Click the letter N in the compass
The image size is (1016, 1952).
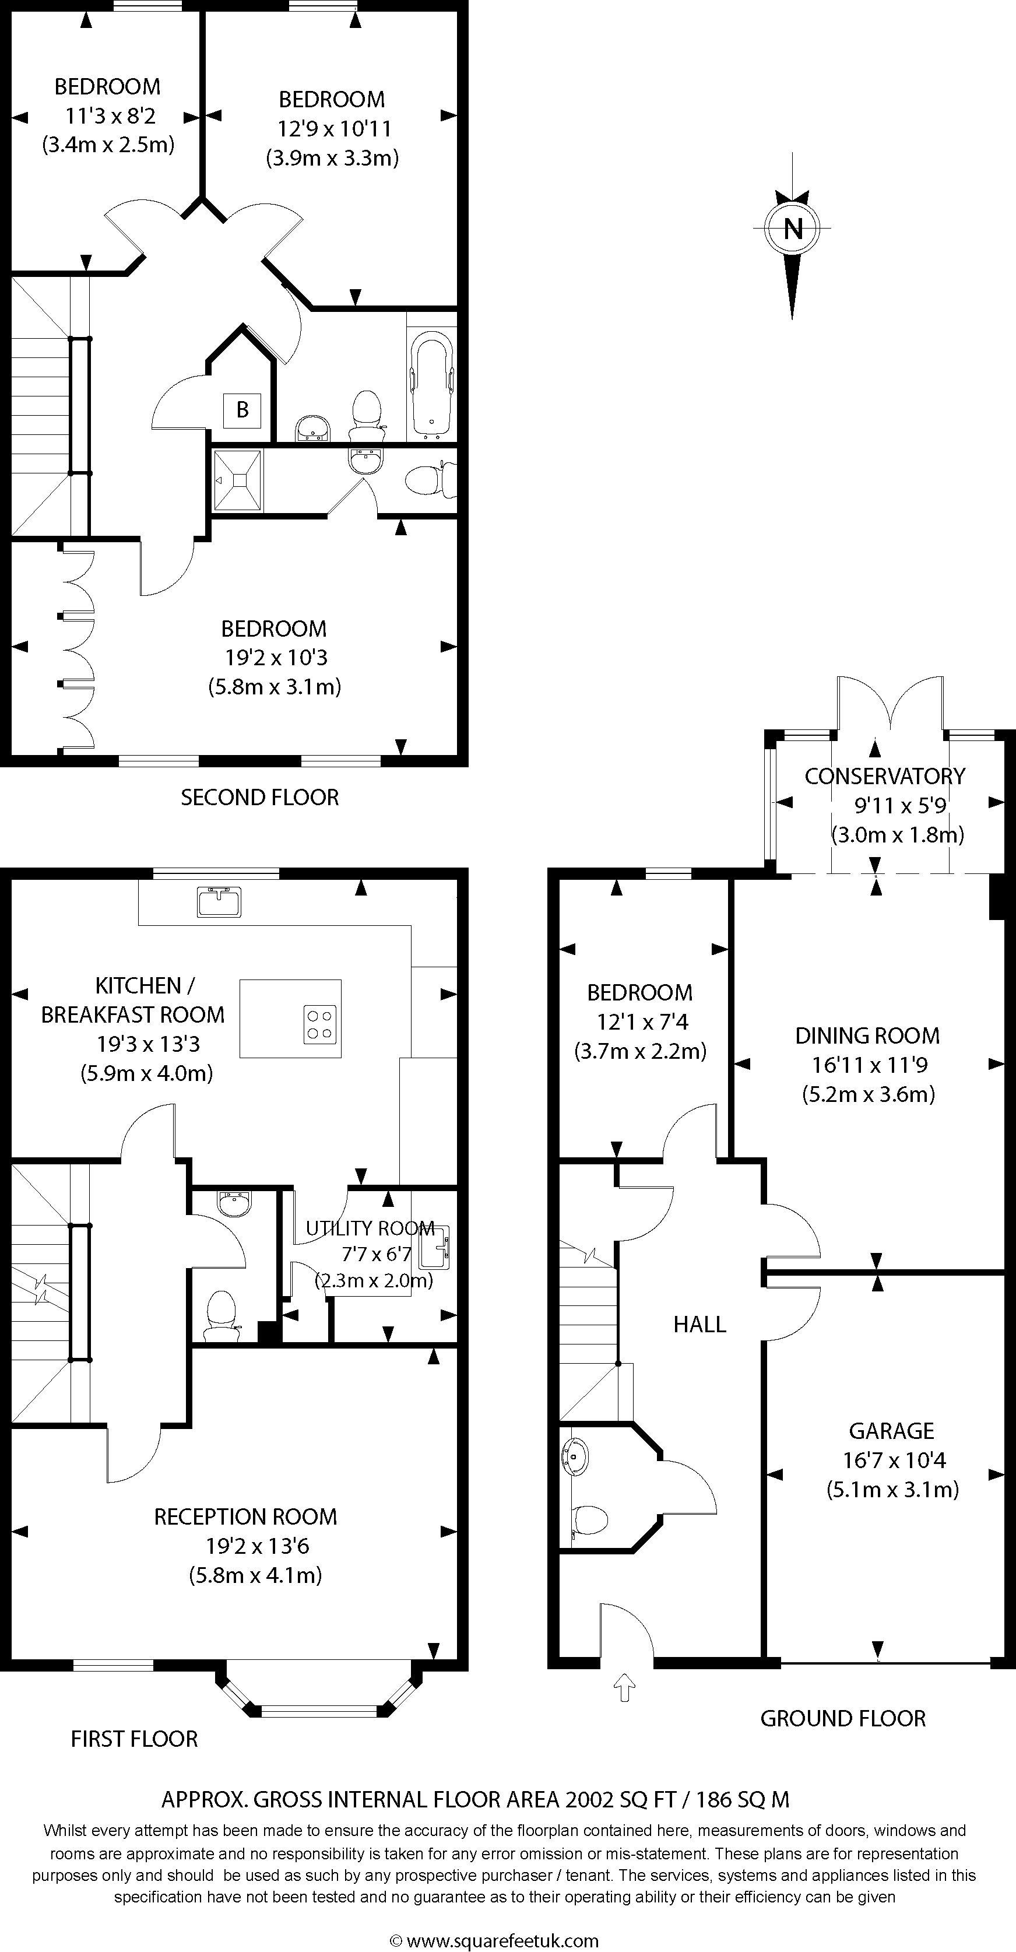tap(793, 228)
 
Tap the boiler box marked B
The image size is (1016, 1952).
tap(242, 410)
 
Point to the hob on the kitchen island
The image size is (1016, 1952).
tap(320, 1024)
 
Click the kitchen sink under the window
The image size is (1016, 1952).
tap(219, 900)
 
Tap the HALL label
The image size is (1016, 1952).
tap(700, 1324)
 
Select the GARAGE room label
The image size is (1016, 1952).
tap(891, 1431)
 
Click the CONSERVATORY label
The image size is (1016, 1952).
tap(885, 776)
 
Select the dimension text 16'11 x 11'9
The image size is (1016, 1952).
tap(870, 1065)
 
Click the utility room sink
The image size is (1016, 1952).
tap(431, 1247)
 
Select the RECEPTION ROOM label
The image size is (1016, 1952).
tap(245, 1516)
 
